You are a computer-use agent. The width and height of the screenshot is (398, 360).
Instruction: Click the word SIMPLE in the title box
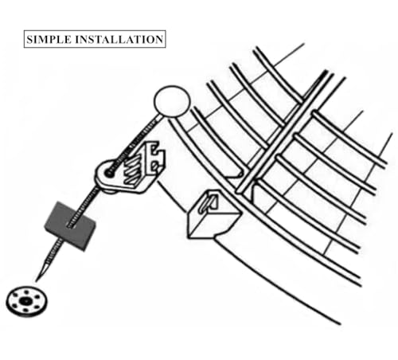(x=49, y=39)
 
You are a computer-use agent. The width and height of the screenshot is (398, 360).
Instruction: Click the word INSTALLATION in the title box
(x=119, y=39)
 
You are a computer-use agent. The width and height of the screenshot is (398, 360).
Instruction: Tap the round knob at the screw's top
(x=172, y=101)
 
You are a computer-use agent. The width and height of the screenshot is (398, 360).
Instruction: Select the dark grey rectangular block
(x=70, y=226)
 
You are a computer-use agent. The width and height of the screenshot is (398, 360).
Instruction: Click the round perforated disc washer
(x=26, y=302)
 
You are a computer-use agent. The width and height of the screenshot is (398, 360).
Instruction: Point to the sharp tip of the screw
(x=37, y=281)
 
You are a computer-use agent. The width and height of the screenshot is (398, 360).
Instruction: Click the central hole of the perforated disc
(x=25, y=301)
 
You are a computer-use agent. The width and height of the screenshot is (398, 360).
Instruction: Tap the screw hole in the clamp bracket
(x=108, y=173)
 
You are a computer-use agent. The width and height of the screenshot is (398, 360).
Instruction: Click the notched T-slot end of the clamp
(x=154, y=157)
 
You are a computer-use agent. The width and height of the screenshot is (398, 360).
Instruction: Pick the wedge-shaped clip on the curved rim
(x=213, y=214)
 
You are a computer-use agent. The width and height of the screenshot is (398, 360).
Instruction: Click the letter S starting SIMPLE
(x=29, y=39)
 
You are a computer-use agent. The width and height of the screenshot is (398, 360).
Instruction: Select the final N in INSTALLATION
(x=158, y=39)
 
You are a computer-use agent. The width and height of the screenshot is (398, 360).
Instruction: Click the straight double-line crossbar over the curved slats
(x=285, y=132)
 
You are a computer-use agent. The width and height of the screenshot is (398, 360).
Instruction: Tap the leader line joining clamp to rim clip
(x=172, y=197)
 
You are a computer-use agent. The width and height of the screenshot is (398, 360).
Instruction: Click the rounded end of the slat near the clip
(x=239, y=174)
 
